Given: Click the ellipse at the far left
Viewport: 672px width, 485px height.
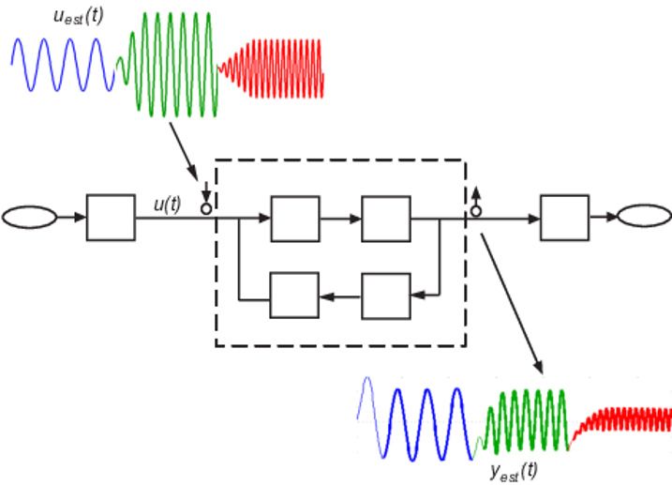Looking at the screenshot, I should pyautogui.click(x=31, y=220).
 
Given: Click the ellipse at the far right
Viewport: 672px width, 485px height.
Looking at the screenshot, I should pyautogui.click(x=641, y=219).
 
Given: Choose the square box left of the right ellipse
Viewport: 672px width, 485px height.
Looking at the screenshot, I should pyautogui.click(x=565, y=219).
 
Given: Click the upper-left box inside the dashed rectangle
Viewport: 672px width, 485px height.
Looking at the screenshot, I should pyautogui.click(x=293, y=220).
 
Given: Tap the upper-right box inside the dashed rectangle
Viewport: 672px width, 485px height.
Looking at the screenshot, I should pyautogui.click(x=385, y=220).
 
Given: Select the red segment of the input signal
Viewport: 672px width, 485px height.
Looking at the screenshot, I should pyautogui.click(x=272, y=67).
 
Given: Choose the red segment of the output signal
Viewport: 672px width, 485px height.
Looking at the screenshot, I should pyautogui.click(x=623, y=417).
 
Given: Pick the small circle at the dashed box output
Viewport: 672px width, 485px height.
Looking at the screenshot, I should pyautogui.click(x=476, y=210).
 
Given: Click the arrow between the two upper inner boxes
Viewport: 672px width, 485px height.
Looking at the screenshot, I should pyautogui.click(x=339, y=220).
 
